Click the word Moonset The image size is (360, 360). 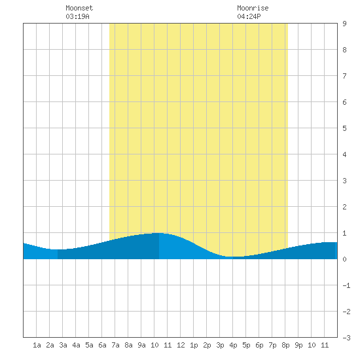point(79,8)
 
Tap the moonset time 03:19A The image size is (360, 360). point(77,16)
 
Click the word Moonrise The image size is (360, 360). point(253,8)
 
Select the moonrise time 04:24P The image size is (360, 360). point(249,16)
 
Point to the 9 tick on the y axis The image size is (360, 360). point(344,24)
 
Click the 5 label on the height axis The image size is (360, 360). point(344,128)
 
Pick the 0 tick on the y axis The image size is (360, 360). point(344,259)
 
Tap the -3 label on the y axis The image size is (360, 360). point(346,338)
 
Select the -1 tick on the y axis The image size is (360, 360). point(346,285)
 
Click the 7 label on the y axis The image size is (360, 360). point(344,76)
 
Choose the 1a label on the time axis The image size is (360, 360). point(37,345)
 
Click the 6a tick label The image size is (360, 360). point(102,345)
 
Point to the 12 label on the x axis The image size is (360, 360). point(181,345)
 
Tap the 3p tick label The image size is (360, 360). point(220,345)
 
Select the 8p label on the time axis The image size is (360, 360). point(285,345)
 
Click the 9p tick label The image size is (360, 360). point(298,345)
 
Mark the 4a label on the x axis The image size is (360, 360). point(76,345)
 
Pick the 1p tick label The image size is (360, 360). point(194,345)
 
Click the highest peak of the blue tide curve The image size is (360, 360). point(159,233)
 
